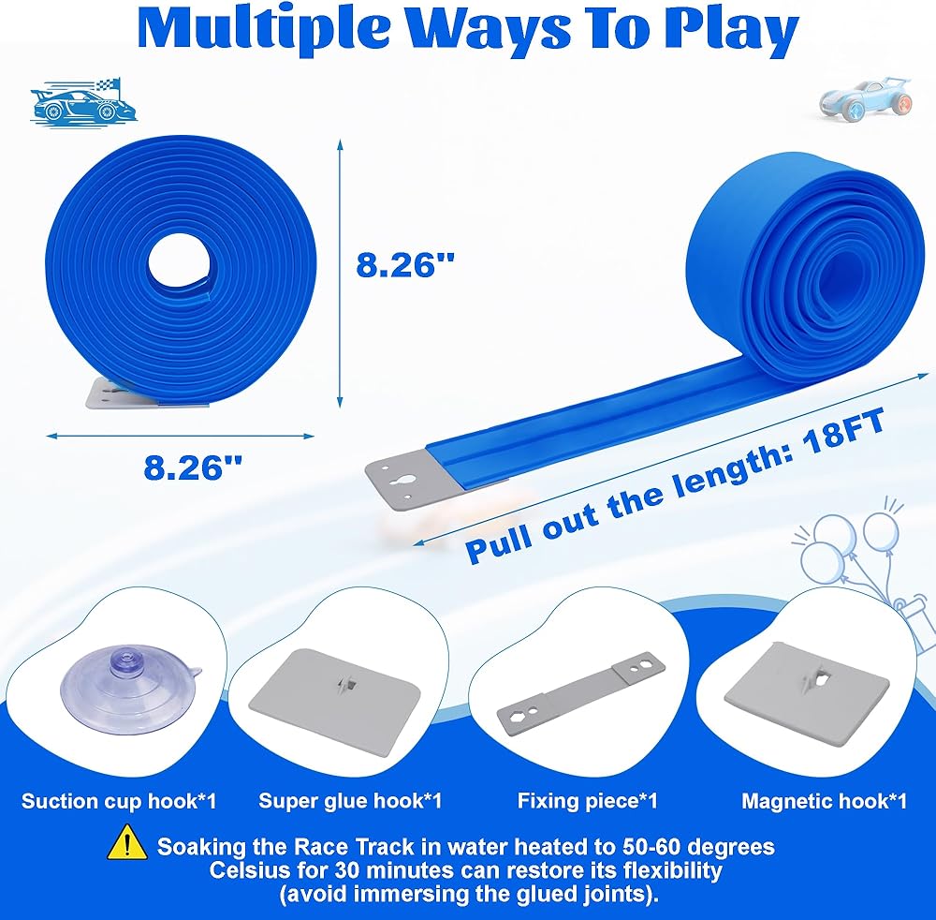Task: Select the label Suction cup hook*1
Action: (119, 801)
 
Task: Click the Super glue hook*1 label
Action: (350, 801)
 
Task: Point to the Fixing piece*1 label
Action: (588, 801)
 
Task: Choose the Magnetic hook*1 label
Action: (824, 801)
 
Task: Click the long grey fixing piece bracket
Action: (581, 691)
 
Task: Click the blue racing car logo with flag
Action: (83, 101)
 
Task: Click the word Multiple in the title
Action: (261, 30)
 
